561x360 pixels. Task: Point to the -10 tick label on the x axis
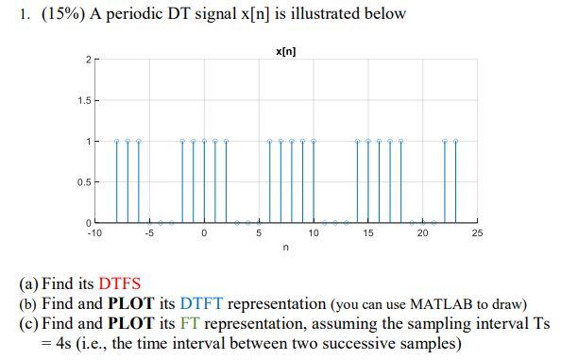coord(94,232)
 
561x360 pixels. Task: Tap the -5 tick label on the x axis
coord(149,232)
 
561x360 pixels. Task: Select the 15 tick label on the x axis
coord(368,232)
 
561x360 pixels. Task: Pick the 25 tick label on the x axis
coord(477,232)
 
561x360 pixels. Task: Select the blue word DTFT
coord(206,303)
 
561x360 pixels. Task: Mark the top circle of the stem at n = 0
coord(204,141)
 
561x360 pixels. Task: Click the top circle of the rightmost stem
coord(455,141)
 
